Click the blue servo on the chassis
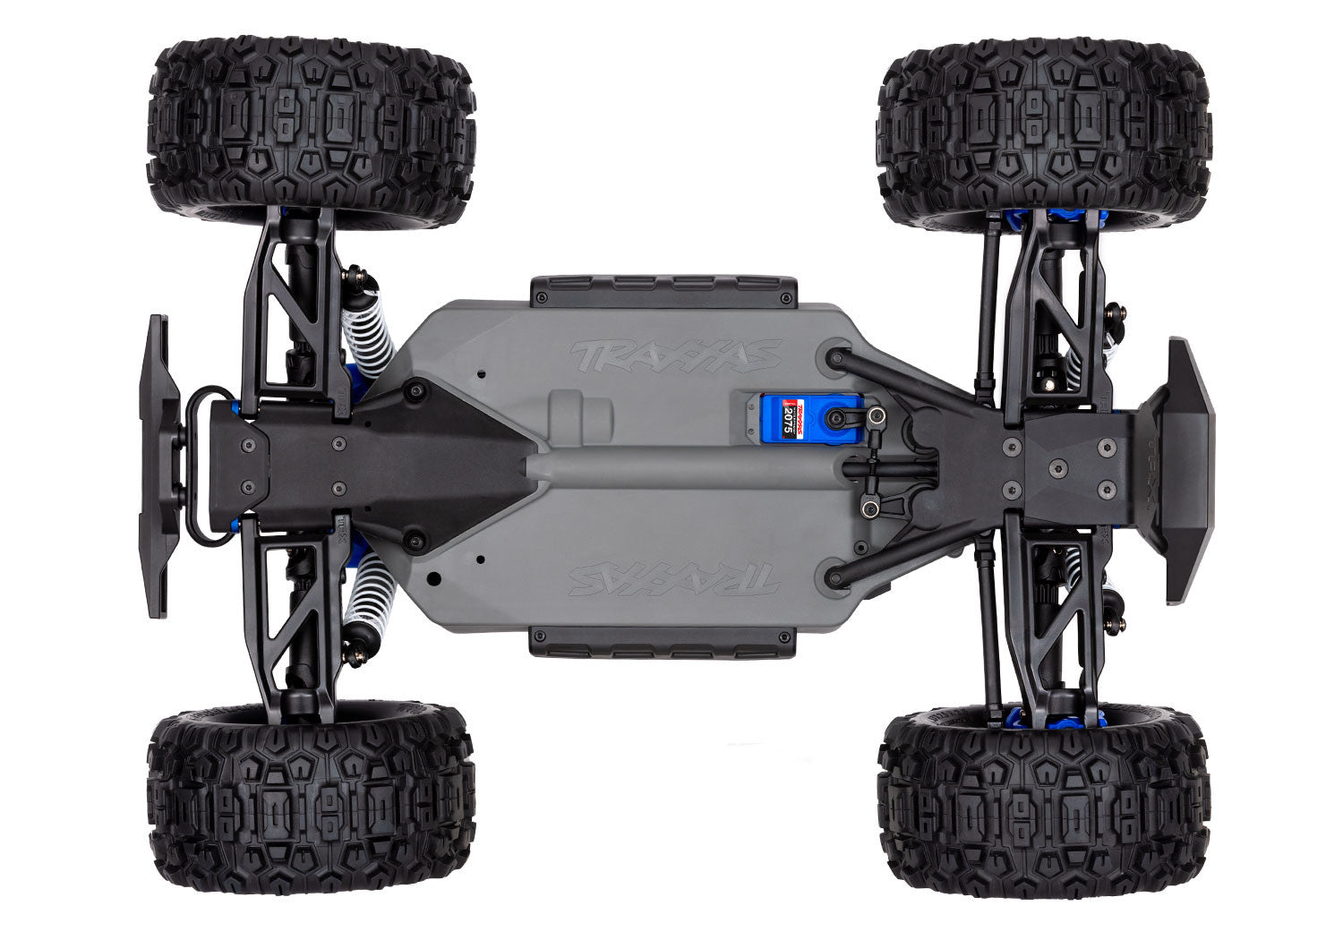[779, 415]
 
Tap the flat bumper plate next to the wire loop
[154, 466]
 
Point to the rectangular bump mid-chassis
[581, 415]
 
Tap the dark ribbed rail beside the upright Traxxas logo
[663, 290]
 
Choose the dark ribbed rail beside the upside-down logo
[663, 642]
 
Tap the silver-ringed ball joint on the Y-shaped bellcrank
[867, 509]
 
